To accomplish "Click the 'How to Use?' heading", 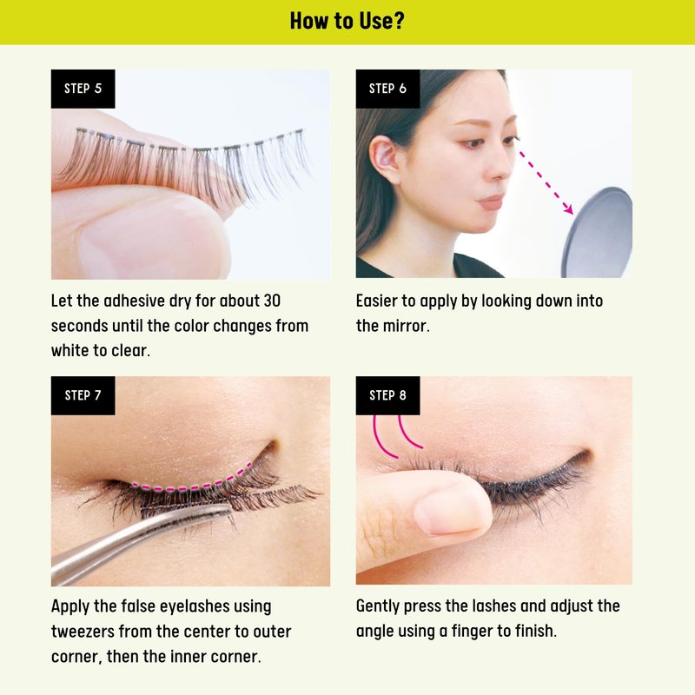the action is tap(347, 21).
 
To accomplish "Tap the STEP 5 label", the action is tap(83, 89).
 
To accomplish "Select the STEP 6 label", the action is tap(387, 89).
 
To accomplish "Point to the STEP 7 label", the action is tap(83, 395).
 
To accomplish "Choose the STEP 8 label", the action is tap(387, 395).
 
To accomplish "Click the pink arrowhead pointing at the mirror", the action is tap(568, 208).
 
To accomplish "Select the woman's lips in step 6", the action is tap(491, 202).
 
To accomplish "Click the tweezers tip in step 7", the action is tap(228, 508).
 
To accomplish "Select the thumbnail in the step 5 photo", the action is tap(156, 240).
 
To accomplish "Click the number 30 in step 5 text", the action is tap(272, 301).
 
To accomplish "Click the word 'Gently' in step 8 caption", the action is tap(378, 606).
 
